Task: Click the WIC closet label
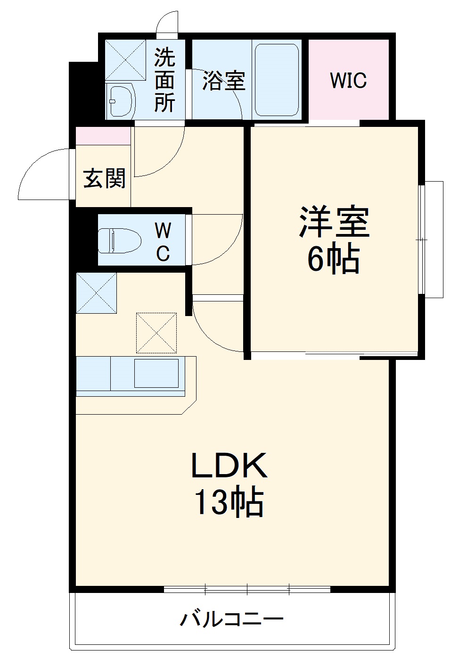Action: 348,81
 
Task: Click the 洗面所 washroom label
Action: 164,80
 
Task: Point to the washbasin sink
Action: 122,101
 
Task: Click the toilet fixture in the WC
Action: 120,240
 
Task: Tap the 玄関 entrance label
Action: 104,179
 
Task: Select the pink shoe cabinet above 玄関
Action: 103,136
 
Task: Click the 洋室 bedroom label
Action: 334,222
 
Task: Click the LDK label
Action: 229,466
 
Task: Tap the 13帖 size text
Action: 229,503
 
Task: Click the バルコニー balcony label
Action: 232,618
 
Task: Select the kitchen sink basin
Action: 156,373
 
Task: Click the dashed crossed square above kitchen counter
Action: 156,333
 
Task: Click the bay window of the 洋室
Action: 432,240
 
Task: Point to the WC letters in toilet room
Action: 163,242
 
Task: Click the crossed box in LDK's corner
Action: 96,292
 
